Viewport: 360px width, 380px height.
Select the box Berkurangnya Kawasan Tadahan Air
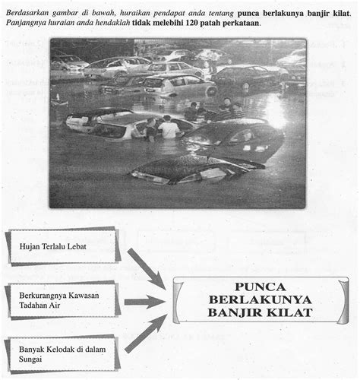click(x=62, y=300)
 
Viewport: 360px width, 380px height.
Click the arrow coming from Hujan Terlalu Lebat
click(x=145, y=268)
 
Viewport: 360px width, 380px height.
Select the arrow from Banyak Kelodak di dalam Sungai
click(x=145, y=334)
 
